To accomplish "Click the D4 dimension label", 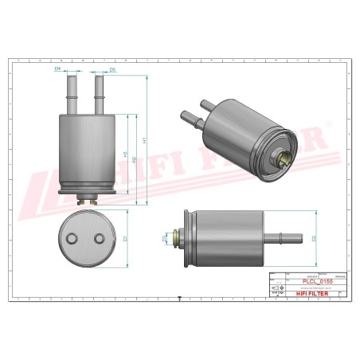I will click(x=58, y=69).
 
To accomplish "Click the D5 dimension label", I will click(x=112, y=70).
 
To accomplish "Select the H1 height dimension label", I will click(x=144, y=140).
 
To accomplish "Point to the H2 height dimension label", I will click(x=134, y=159).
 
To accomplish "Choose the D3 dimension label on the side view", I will click(x=165, y=237).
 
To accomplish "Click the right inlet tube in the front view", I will click(x=100, y=93).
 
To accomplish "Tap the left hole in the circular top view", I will click(x=73, y=238).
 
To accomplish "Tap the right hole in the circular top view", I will click(x=99, y=238).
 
